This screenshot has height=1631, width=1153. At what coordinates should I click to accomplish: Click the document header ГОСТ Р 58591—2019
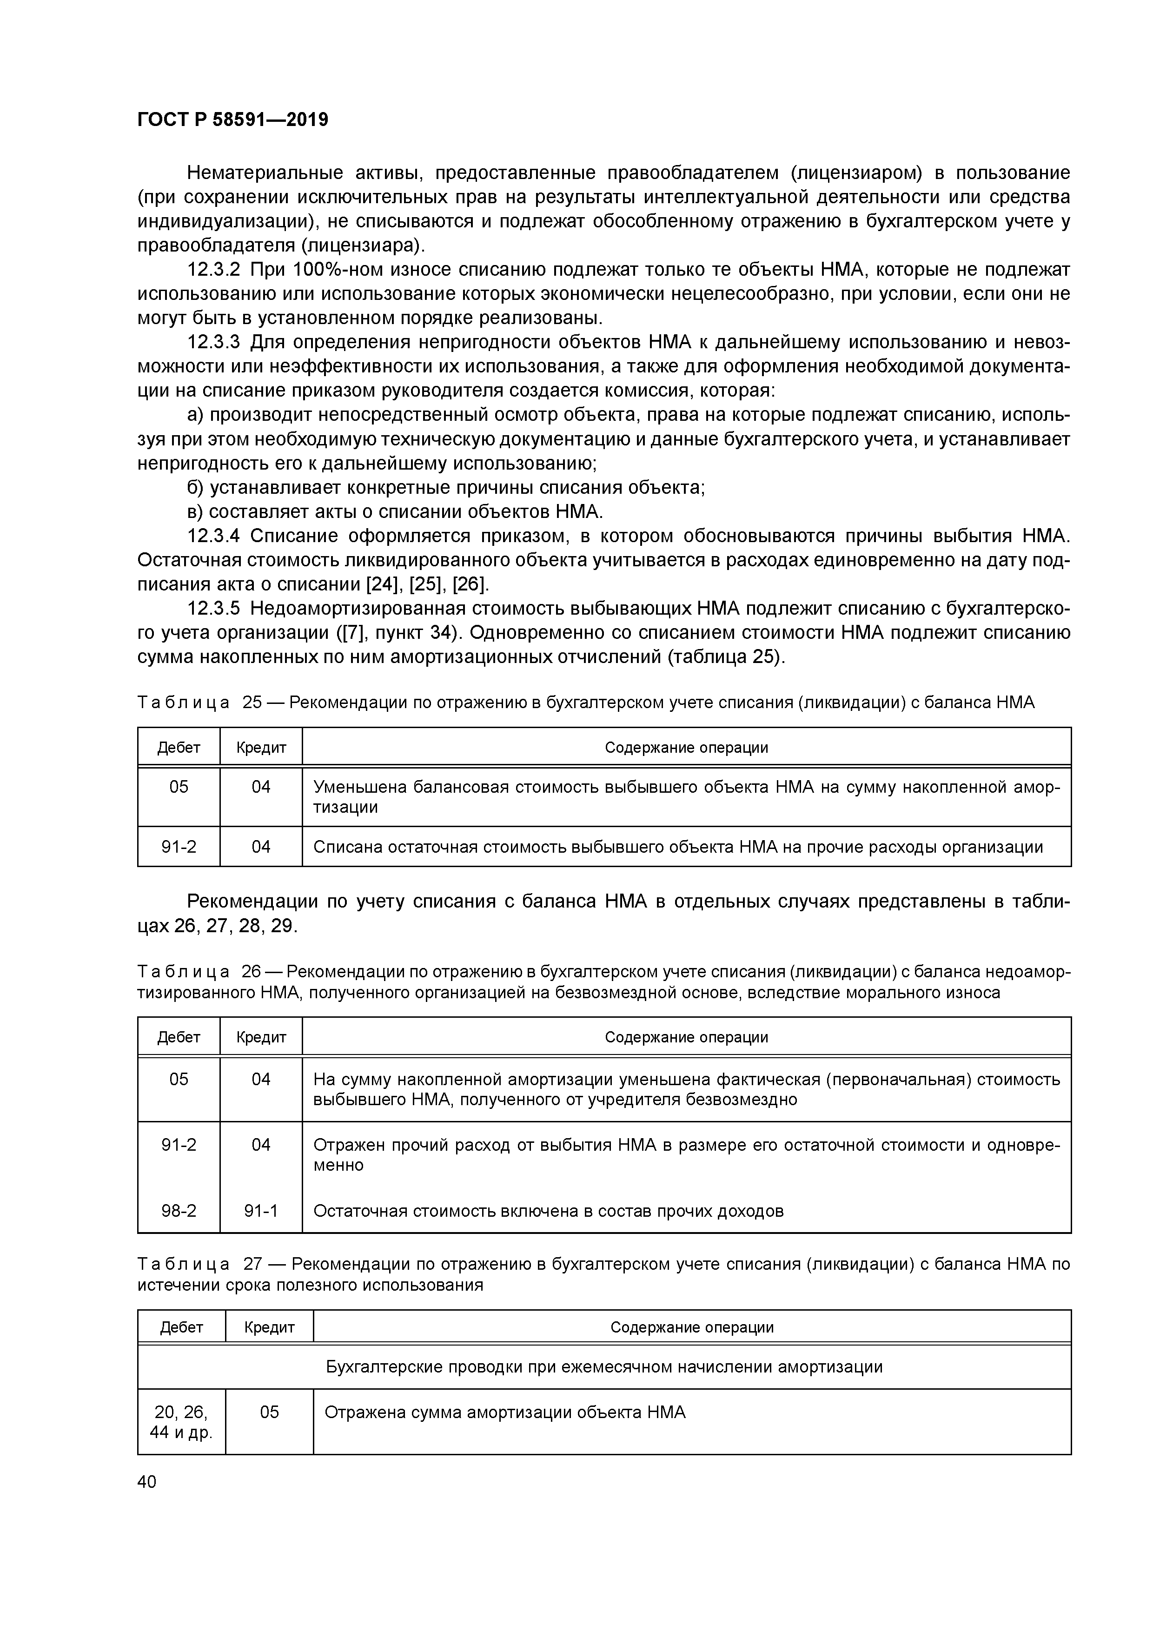pos(232,119)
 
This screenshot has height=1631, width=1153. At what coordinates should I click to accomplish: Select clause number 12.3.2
pos(214,270)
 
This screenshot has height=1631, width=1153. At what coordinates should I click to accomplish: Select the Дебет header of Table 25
pos(179,747)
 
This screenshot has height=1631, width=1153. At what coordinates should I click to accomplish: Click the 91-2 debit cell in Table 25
pos(179,847)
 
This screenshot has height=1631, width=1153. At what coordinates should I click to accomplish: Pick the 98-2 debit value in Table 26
pos(179,1210)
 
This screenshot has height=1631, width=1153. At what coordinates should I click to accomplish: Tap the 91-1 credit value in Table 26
pos(261,1210)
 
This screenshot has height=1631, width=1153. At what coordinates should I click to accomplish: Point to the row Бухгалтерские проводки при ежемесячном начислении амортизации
pos(604,1367)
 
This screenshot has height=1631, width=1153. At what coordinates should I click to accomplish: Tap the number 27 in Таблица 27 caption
pos(253,1265)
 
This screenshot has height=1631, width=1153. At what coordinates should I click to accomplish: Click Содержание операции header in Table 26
pos(686,1037)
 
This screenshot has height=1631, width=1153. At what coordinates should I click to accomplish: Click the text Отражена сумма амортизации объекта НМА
pos(505,1412)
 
